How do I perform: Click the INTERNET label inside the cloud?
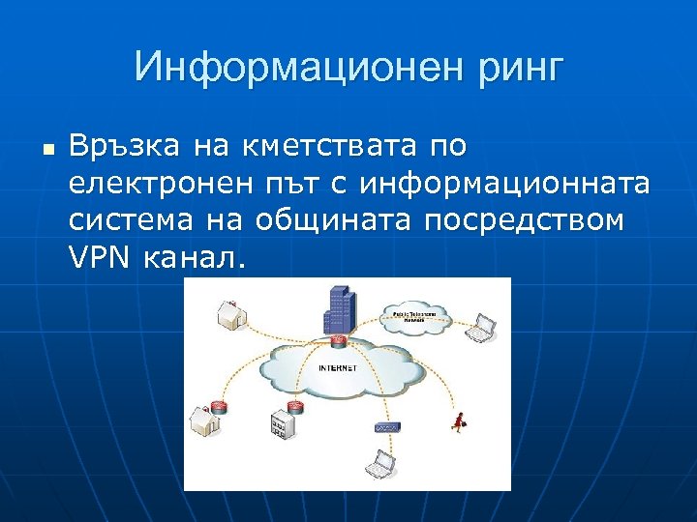coord(338,368)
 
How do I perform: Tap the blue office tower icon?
coord(338,308)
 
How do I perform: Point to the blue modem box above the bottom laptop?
coord(387,426)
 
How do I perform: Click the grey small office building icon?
coord(281,423)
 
